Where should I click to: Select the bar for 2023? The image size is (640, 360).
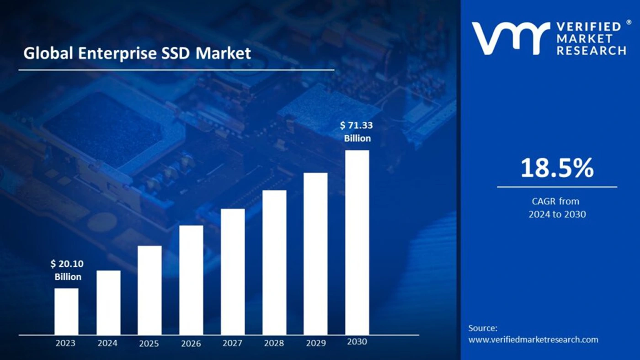[x=66, y=311]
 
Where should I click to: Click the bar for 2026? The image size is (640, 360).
[x=191, y=280]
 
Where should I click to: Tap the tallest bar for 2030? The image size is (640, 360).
[x=357, y=242]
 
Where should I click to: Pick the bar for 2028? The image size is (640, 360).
[x=274, y=262]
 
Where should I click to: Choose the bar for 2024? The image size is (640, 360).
[x=108, y=302]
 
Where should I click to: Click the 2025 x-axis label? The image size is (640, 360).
[x=149, y=343]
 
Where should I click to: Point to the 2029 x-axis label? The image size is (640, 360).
[x=315, y=343]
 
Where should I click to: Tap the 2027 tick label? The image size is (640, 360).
[x=232, y=343]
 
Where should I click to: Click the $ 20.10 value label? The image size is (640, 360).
[x=67, y=264]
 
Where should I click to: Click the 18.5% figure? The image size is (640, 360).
[x=557, y=168]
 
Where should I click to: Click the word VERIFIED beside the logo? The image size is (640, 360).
[x=589, y=26]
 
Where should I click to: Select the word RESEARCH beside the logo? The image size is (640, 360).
[x=591, y=51]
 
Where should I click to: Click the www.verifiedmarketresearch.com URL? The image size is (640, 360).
[x=533, y=339]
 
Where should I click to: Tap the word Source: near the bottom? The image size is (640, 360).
[x=483, y=328]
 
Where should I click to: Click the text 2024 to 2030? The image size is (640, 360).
[x=557, y=214]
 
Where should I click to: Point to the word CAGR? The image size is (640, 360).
[x=542, y=201]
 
